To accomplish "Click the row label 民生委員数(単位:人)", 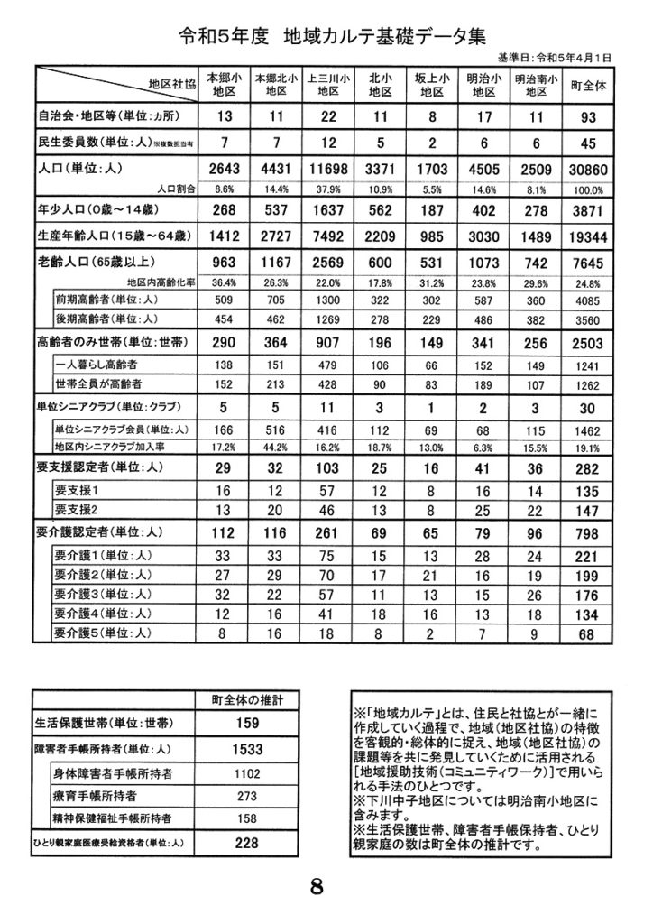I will (90, 142).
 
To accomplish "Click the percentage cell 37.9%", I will (328, 190).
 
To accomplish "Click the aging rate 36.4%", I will (223, 282).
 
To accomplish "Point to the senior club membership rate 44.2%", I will (274, 448).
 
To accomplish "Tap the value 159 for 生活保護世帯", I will (247, 723).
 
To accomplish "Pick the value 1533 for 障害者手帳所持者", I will (247, 749).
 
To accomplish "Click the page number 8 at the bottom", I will (317, 885).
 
